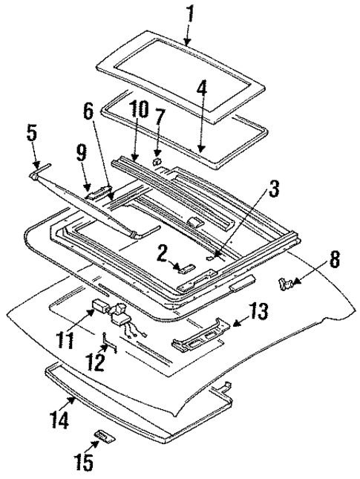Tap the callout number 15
(85, 463)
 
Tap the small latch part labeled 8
(285, 281)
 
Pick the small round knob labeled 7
(156, 160)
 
